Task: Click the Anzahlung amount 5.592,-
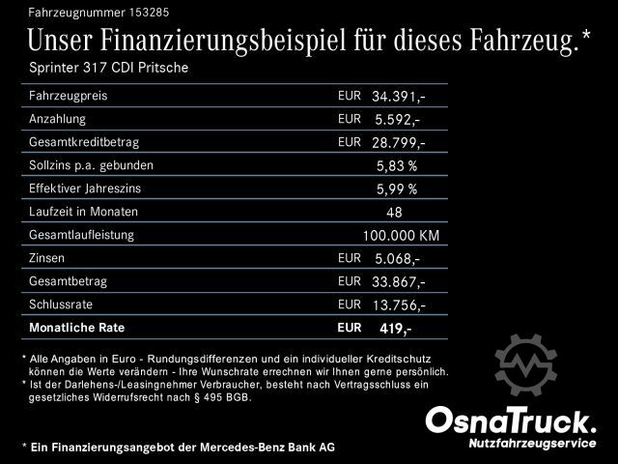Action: [x=396, y=120]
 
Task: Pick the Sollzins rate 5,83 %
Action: [x=396, y=165]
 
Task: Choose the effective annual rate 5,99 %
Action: [x=396, y=188]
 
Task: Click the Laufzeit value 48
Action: [x=393, y=212]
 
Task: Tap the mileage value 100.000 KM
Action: [x=401, y=235]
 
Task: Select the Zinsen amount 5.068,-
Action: [x=396, y=258]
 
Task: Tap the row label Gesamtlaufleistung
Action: [x=81, y=235]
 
